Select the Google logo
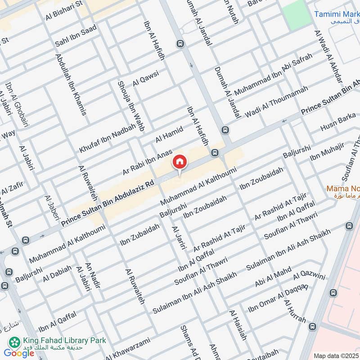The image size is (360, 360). pos(19,353)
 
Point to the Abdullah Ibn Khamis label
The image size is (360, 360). pos(71,84)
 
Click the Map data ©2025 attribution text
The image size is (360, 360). pos(335,355)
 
